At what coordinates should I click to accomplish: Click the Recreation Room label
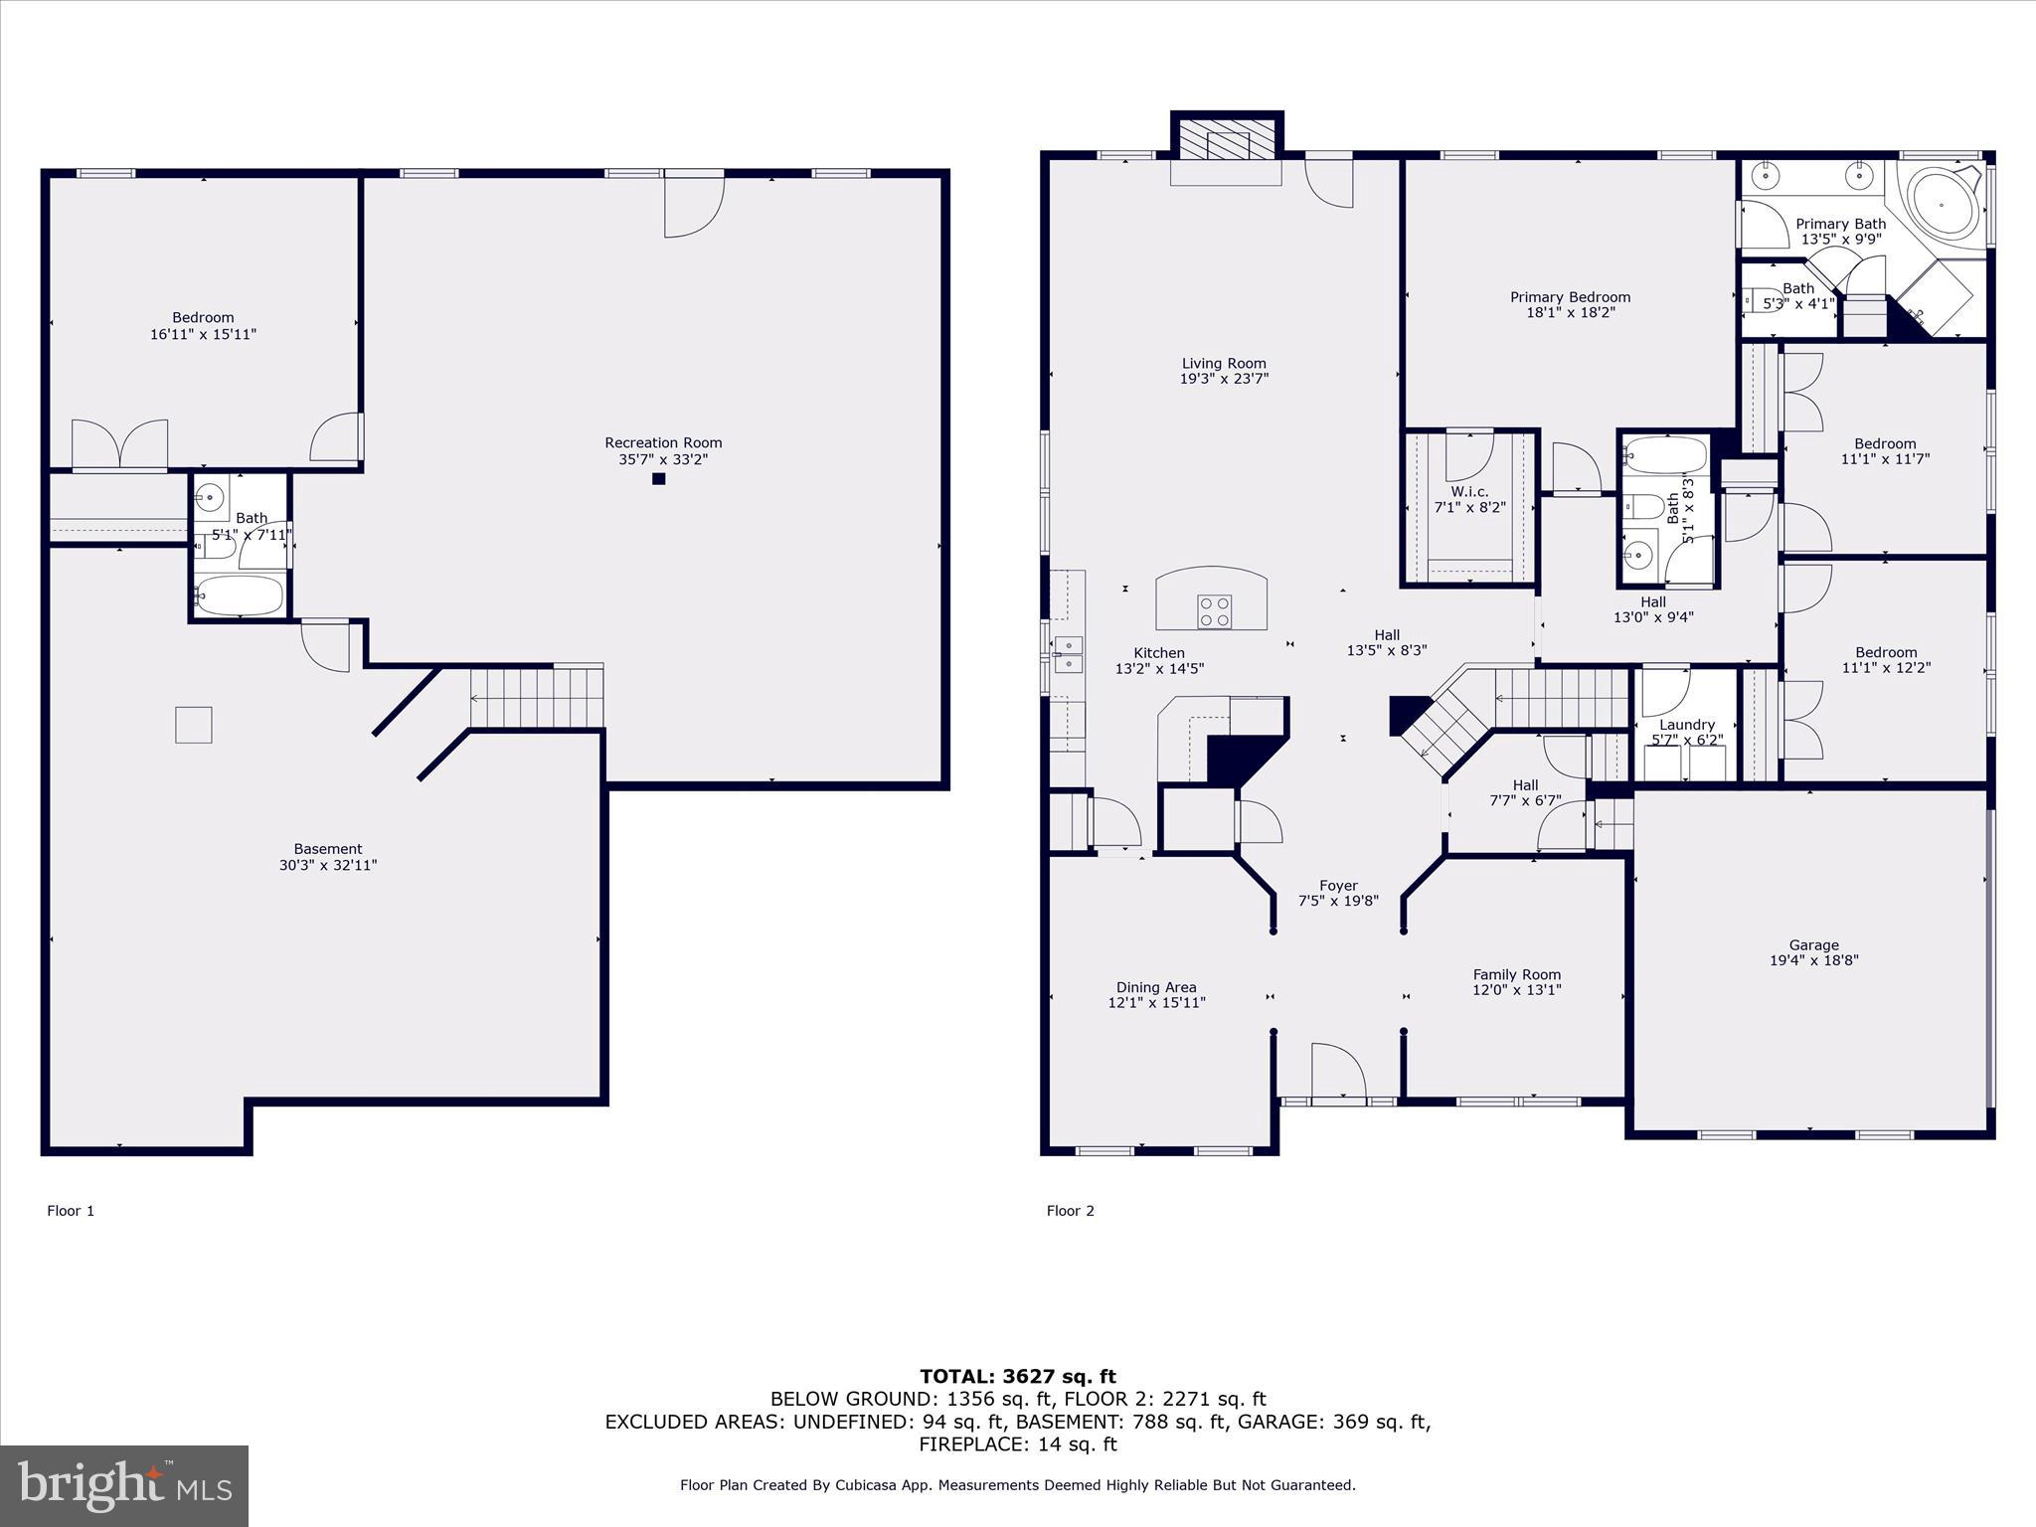pos(663,442)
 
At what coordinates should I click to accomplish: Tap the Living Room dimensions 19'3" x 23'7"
pos(1224,379)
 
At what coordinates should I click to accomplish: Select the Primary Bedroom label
pos(1570,297)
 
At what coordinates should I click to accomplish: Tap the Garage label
pos(1814,945)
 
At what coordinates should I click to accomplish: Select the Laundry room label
pos(1687,725)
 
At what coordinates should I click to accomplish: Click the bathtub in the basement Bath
pos(240,596)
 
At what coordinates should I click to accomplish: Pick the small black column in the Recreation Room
pos(658,479)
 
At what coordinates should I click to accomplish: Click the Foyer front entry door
pos(1338,1072)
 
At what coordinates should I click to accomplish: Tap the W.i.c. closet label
pos(1469,492)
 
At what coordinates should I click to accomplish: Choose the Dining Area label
pos(1156,987)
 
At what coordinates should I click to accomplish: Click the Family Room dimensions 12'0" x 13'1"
pos(1517,990)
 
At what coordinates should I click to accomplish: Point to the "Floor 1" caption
pos(71,1211)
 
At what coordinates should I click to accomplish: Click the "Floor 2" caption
pos(1071,1211)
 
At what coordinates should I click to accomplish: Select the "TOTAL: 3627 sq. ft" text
pos(1018,1377)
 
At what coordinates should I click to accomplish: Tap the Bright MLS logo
pos(124,1485)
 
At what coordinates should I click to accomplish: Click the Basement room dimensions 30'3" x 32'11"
pos(328,865)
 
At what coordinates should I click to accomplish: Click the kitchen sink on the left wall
pos(1069,655)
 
